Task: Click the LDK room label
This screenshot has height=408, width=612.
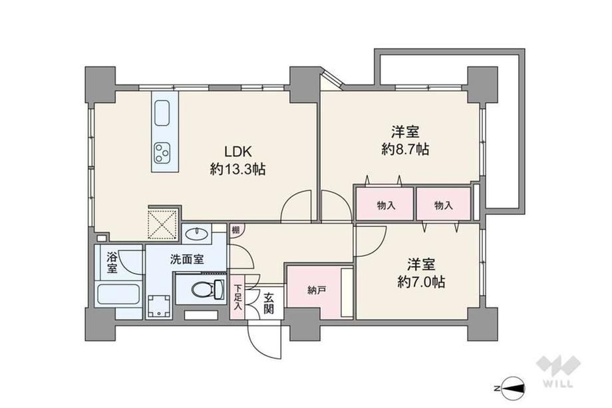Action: (237, 150)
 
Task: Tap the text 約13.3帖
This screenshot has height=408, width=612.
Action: (237, 169)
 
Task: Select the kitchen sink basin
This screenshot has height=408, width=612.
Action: (162, 113)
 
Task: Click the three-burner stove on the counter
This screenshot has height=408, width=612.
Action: (162, 152)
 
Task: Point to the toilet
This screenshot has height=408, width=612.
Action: (207, 290)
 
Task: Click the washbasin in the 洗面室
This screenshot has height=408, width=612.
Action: (197, 234)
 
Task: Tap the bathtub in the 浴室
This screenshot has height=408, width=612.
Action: (118, 294)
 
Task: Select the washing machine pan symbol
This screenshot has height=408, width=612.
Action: (159, 306)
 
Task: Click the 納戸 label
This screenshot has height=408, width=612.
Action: (317, 290)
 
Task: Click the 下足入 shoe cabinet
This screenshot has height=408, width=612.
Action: (237, 297)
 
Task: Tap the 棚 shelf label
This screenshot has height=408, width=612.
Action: (235, 230)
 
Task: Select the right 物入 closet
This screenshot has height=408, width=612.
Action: (443, 204)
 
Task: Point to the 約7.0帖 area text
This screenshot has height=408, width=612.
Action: (421, 282)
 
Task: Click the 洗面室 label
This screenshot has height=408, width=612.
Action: (187, 259)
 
